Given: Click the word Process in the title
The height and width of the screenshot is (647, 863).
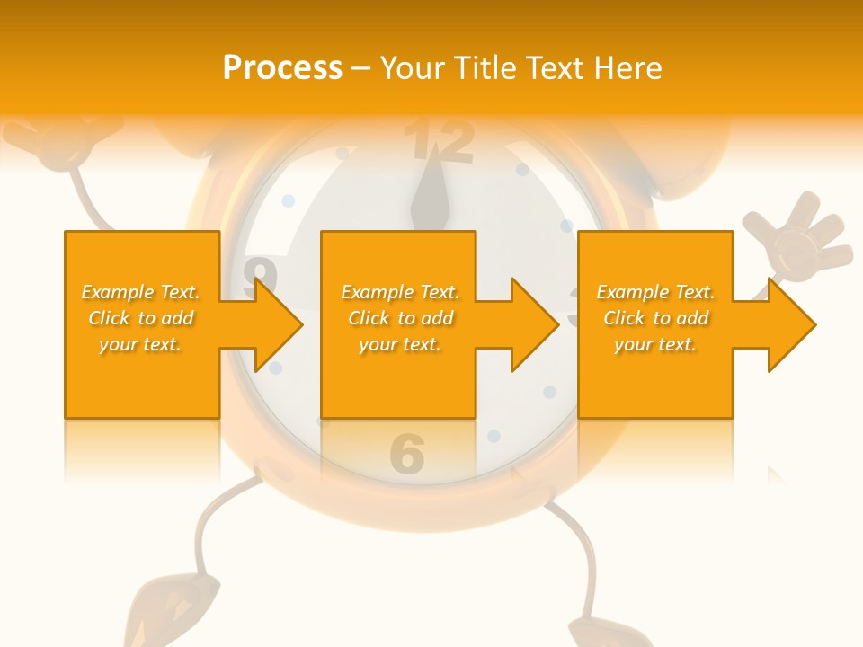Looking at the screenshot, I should [x=282, y=68].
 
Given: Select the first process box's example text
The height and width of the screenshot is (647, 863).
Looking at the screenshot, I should [x=141, y=318].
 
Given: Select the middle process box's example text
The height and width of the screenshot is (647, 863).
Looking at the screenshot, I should [x=400, y=318].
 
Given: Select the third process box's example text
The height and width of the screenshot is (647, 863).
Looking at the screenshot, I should [x=655, y=318].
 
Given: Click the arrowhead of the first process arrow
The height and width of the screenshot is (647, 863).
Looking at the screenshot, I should [x=279, y=324].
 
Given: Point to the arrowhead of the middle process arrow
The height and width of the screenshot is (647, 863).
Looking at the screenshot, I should [x=535, y=324].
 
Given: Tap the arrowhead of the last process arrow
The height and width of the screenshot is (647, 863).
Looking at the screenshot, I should [x=792, y=324].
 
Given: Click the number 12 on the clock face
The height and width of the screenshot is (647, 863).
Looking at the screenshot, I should [x=438, y=142].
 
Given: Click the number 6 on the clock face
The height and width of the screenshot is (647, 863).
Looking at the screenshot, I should [x=407, y=454].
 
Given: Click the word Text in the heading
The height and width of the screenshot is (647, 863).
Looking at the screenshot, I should [x=556, y=68].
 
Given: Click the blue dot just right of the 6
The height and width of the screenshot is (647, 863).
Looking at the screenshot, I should [x=494, y=437].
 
